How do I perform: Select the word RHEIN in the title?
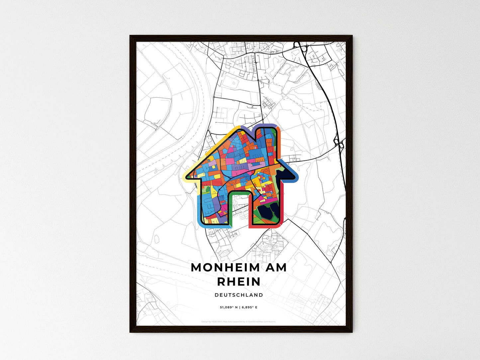pyautogui.click(x=239, y=282)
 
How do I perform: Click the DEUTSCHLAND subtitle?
pyautogui.click(x=239, y=295)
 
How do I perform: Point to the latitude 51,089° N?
pyautogui.click(x=229, y=308)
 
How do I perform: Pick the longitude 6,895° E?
pyautogui.click(x=249, y=308)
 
